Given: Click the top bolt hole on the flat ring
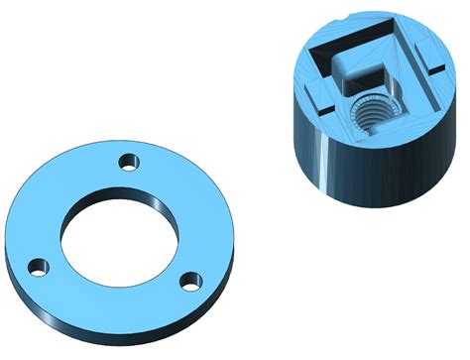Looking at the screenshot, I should coord(126,161).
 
